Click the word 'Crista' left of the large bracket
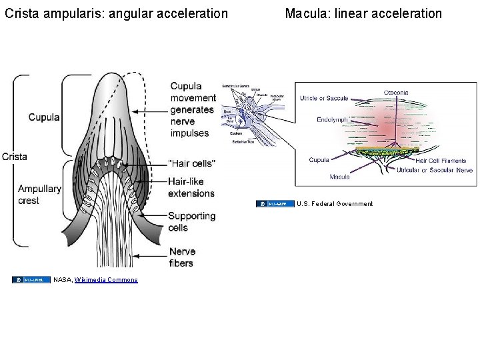pos(14,157)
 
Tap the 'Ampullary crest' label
pos(39,195)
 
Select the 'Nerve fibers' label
pos(181,257)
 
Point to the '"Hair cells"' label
pos(191,163)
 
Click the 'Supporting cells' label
pos(191,221)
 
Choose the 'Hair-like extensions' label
pos(191,187)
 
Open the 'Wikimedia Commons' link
pos(106,280)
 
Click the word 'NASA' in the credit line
pos(63,280)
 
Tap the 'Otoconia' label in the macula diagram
pos(396,93)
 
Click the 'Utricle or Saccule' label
pos(324,98)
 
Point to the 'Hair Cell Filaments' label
pos(441,161)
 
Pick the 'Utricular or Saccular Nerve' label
pos(435,171)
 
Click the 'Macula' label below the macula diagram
pos(339,177)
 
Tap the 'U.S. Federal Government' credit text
pos(335,204)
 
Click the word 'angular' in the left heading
pos(118,13)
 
